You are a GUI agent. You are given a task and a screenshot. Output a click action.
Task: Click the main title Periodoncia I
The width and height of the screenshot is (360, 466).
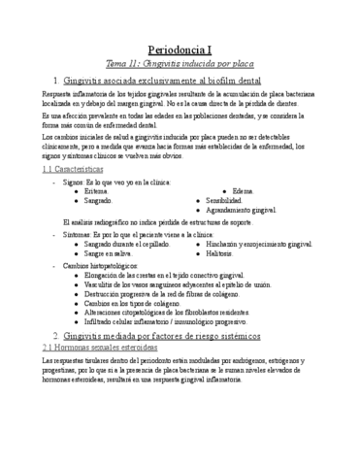(x=180, y=47)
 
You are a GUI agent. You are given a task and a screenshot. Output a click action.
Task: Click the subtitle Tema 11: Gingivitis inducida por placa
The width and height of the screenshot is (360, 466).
(x=180, y=61)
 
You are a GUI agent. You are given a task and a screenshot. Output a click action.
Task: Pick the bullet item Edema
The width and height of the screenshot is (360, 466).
(x=245, y=191)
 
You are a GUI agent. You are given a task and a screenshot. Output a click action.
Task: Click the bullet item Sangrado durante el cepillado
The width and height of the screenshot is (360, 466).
(x=127, y=245)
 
